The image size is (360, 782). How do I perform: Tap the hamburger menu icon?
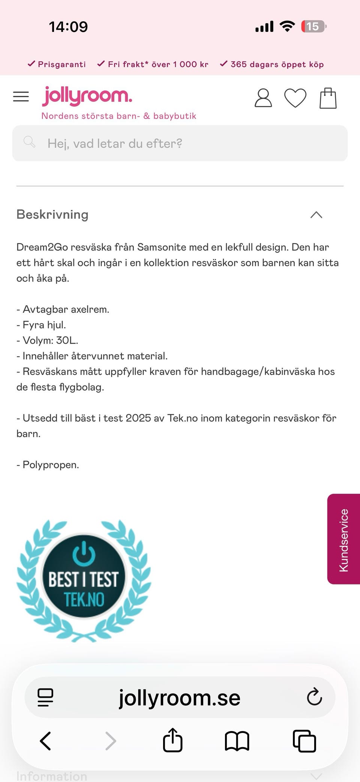[21, 97]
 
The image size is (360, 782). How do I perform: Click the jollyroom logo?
[87, 96]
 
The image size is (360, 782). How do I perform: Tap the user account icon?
[263, 98]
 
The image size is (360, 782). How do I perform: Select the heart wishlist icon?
[295, 98]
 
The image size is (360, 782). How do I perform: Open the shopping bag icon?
[328, 98]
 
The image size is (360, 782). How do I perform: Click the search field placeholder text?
[115, 144]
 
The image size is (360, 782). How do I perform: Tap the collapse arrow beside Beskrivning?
[316, 215]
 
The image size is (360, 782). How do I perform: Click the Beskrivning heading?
[52, 214]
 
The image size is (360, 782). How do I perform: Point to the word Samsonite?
[162, 247]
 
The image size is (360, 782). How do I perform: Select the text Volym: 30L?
[50, 340]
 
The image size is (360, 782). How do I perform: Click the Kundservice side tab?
[343, 539]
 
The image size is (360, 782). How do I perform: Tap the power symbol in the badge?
[84, 553]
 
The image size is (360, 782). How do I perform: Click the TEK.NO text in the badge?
[84, 599]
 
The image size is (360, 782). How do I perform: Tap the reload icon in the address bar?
[314, 697]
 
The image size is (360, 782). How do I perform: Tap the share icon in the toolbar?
[172, 740]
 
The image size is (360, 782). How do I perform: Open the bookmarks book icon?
[237, 741]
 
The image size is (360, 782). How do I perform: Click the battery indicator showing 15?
[313, 27]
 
